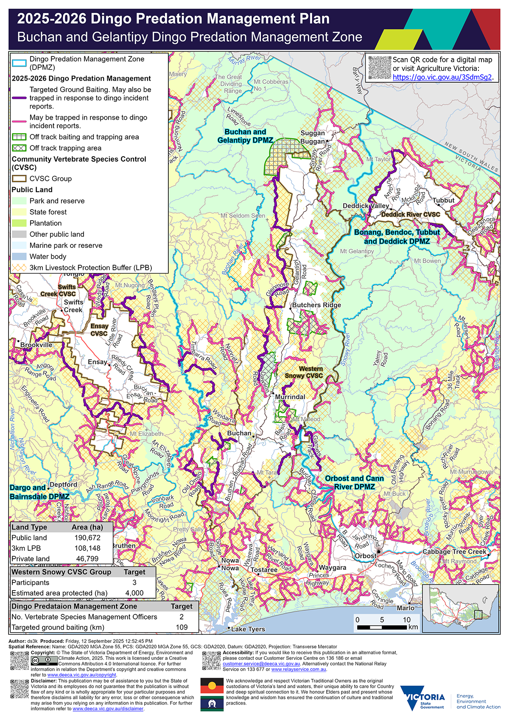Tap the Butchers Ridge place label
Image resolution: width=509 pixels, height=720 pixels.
tap(316, 305)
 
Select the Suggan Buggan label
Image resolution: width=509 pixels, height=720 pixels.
tap(313, 137)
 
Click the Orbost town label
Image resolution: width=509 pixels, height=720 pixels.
tap(365, 556)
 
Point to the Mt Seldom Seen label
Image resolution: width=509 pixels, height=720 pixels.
tap(243, 216)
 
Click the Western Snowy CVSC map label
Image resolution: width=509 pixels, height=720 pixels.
tap(304, 372)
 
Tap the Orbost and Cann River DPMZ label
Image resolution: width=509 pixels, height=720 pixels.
tap(354, 482)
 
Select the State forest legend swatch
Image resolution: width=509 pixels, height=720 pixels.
tap(19, 212)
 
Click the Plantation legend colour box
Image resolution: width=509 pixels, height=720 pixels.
tap(19, 223)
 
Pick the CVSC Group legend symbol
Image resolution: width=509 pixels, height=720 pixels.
tap(19, 179)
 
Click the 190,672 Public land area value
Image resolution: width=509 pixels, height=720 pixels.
tap(87, 538)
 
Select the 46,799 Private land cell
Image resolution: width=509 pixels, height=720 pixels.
tap(87, 559)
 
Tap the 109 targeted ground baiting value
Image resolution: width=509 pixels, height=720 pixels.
tap(182, 627)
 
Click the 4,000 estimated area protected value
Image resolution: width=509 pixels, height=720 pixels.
tap(134, 593)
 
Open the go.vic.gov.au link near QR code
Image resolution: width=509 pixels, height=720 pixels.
tap(442, 77)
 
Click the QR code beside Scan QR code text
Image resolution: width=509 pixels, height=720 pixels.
tap(379, 67)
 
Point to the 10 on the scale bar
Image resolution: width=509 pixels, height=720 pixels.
tap(406, 620)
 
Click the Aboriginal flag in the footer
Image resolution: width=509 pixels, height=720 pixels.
tap(212, 686)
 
